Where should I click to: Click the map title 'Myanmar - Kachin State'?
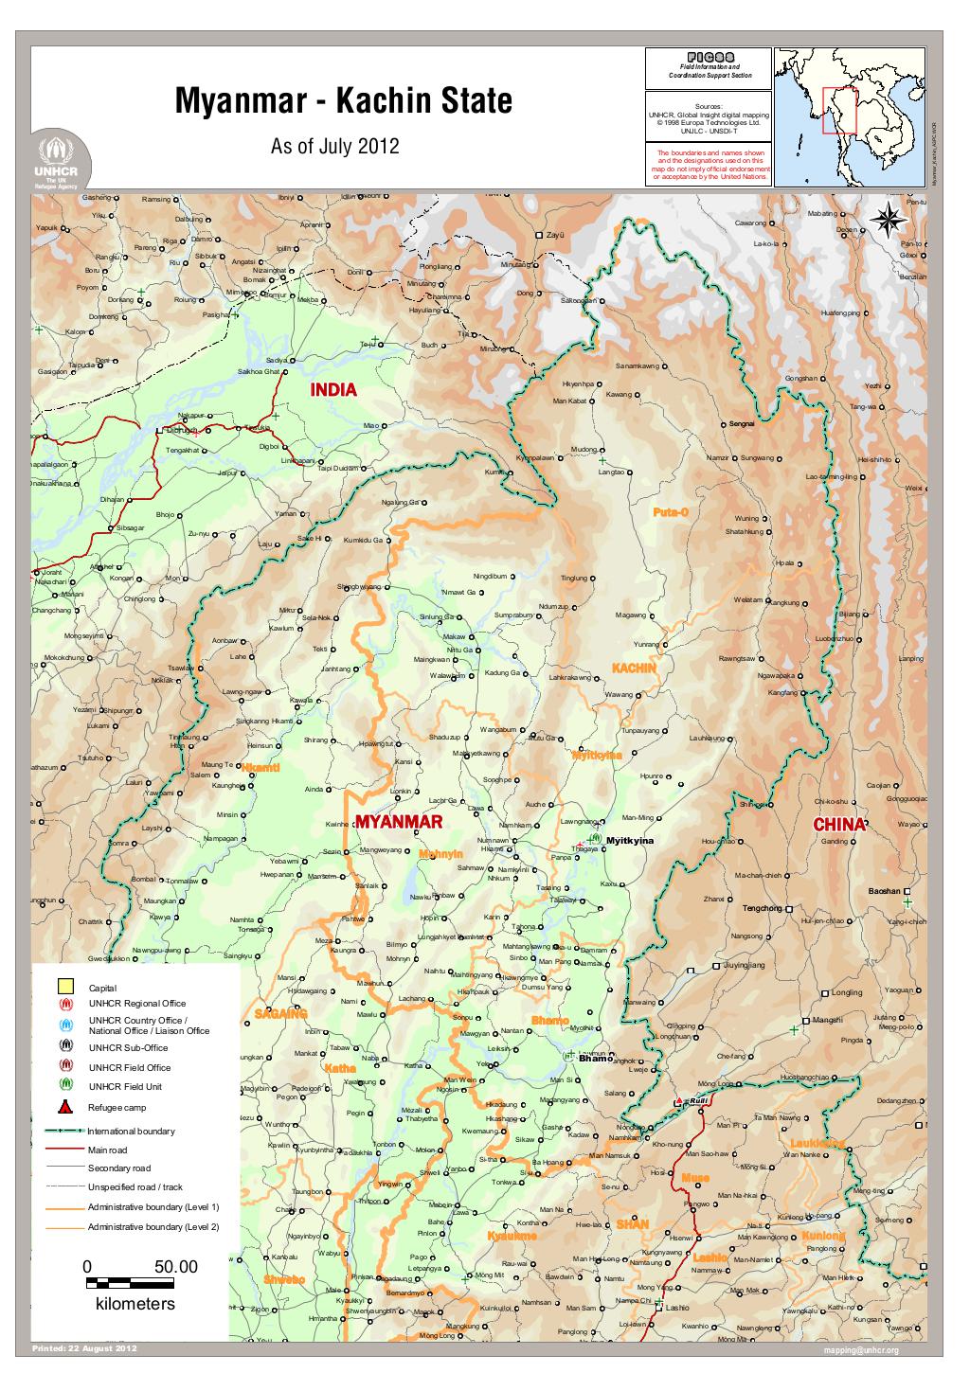coord(343,101)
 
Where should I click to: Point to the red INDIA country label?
coord(334,390)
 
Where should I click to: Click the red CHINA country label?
coord(839,824)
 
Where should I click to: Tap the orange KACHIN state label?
coord(634,669)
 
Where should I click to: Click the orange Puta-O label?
coord(671,512)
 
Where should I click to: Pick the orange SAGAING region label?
coord(281,1014)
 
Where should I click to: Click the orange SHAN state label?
coord(632,1224)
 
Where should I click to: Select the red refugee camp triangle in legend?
coord(65,1107)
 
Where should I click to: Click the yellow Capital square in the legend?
coord(65,987)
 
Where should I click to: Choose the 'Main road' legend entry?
coord(107,1150)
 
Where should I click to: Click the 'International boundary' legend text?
coord(131,1132)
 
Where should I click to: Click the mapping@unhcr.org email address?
coord(861,1349)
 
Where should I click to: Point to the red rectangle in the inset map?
coord(838,111)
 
